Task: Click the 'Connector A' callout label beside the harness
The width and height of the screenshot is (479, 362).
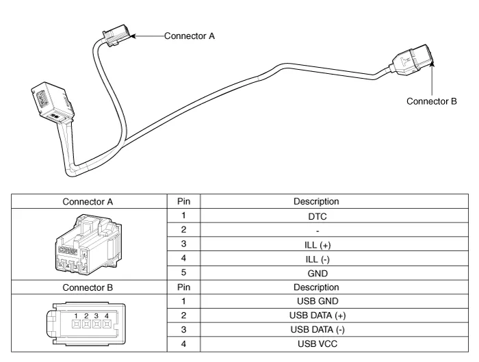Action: point(190,36)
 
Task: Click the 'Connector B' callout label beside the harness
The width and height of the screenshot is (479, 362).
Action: point(431,101)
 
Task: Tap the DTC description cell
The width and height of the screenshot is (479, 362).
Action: point(316,216)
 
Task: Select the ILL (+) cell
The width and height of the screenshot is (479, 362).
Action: point(316,244)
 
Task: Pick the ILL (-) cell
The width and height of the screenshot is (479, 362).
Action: point(316,259)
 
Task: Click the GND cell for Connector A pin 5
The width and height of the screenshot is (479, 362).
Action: point(316,273)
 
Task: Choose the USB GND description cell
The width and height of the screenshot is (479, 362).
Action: point(316,301)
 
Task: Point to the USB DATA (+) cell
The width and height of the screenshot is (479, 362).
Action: point(316,315)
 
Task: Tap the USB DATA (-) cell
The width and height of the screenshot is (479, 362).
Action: point(316,330)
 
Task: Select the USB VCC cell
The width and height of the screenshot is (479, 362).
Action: point(316,344)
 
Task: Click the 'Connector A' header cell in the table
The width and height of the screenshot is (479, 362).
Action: point(88,201)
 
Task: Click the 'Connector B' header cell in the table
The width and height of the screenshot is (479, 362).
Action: point(88,287)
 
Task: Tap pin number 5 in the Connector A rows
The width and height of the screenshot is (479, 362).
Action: point(183,273)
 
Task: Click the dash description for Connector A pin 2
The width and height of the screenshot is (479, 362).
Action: point(316,230)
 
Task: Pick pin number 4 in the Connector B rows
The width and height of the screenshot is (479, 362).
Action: point(183,344)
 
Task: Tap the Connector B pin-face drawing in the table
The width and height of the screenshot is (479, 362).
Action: point(88,322)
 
